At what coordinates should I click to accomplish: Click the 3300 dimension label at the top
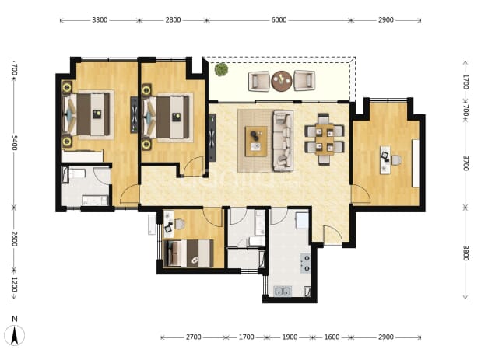[x=100, y=20]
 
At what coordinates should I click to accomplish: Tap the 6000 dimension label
[x=279, y=20]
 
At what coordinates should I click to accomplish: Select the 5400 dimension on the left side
[x=14, y=143]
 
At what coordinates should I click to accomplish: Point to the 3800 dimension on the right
[x=465, y=253]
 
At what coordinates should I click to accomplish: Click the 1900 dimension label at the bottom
[x=290, y=337]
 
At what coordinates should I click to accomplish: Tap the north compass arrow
[x=15, y=335]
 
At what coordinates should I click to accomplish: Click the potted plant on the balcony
[x=221, y=69]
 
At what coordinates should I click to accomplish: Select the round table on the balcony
[x=281, y=81]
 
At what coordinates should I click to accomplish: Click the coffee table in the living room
[x=256, y=142]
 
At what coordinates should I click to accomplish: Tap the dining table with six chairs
[x=325, y=139]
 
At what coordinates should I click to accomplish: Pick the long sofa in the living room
[x=283, y=140]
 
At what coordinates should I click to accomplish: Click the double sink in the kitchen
[x=283, y=292]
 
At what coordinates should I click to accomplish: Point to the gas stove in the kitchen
[x=306, y=263]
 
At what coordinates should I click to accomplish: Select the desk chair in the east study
[x=396, y=160]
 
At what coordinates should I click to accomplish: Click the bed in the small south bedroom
[x=189, y=253]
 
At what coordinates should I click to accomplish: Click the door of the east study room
[x=361, y=194]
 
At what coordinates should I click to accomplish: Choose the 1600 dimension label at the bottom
[x=332, y=337]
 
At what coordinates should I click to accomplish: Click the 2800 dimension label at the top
[x=173, y=20]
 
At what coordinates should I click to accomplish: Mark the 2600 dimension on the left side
[x=14, y=239]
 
